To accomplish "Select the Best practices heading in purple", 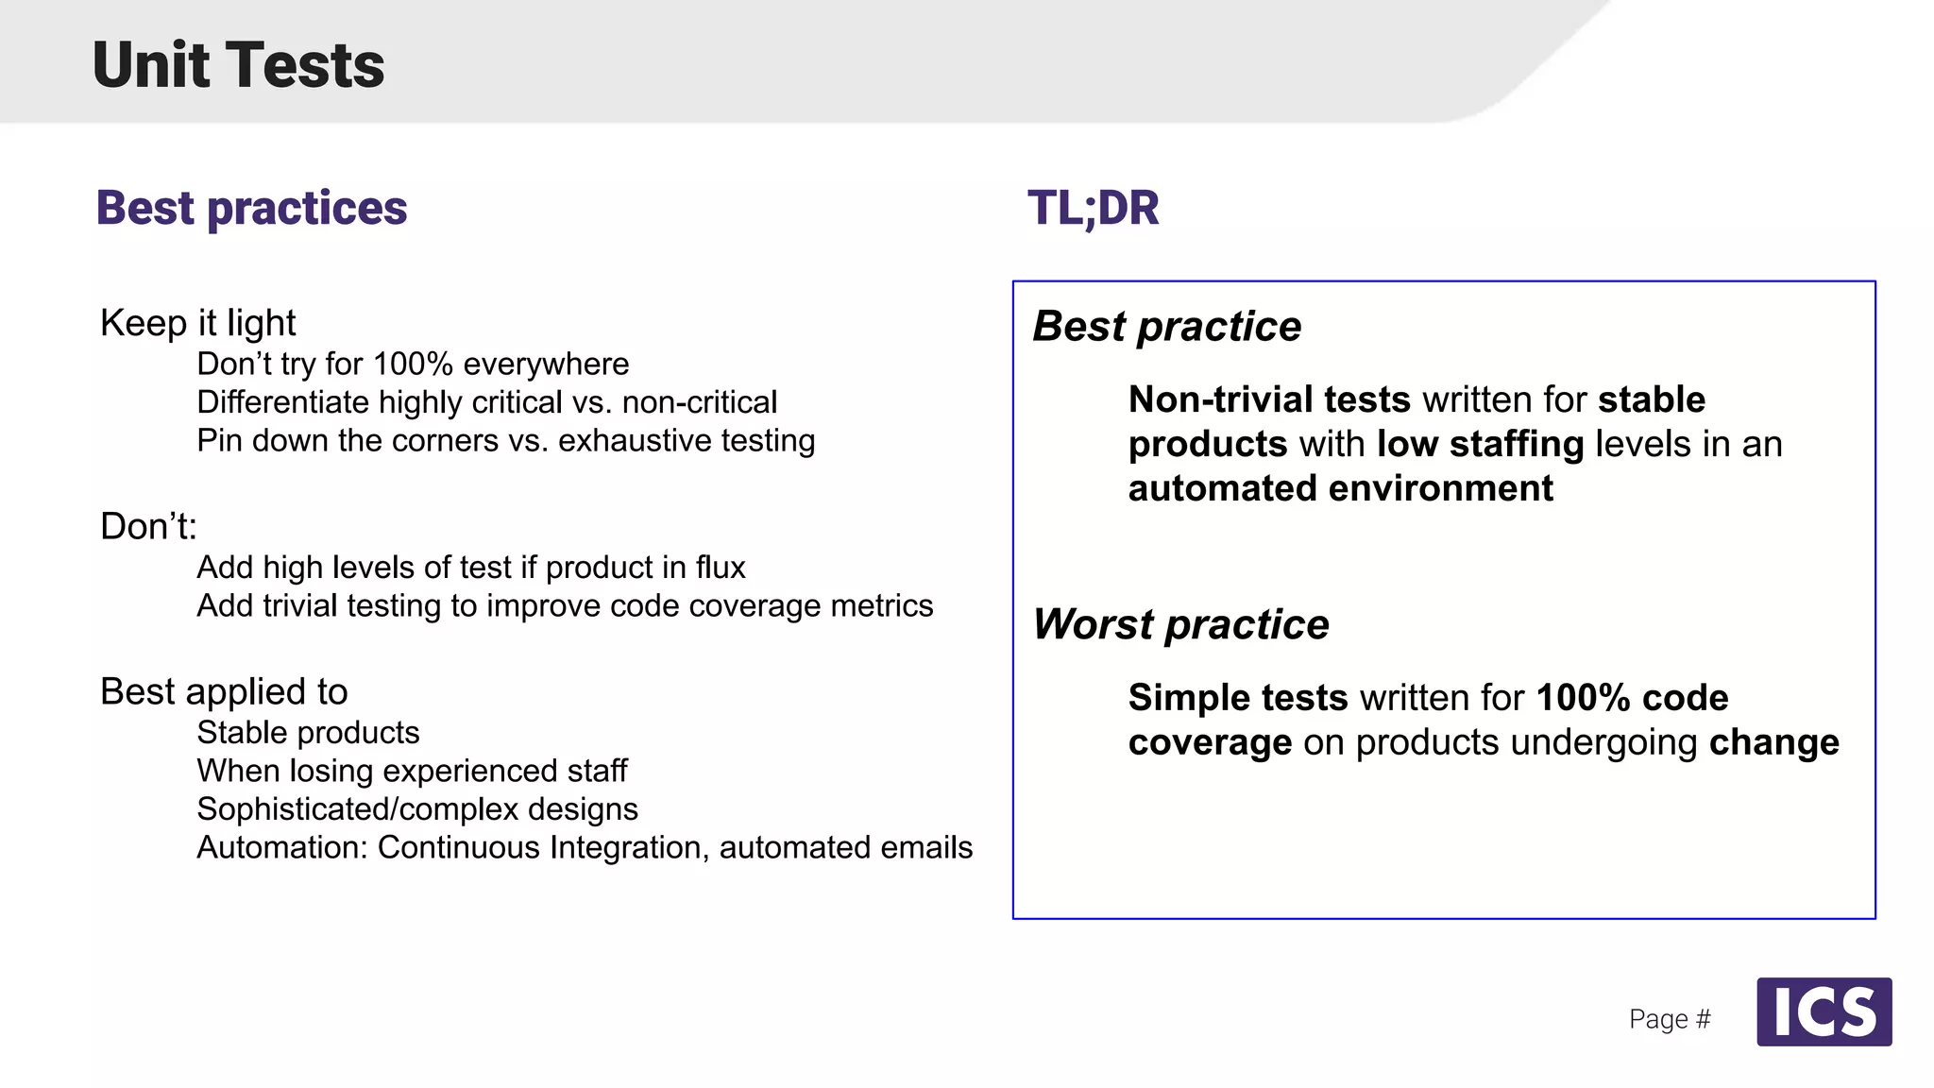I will pyautogui.click(x=251, y=208).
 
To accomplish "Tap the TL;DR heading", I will pyautogui.click(x=1093, y=208).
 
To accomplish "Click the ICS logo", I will pyautogui.click(x=1824, y=1011).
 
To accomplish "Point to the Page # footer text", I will pyautogui.click(x=1669, y=1019).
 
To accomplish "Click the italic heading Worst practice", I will pyautogui.click(x=1180, y=624).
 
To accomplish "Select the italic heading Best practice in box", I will pyautogui.click(x=1166, y=327).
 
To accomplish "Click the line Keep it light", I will pyautogui.click(x=197, y=323).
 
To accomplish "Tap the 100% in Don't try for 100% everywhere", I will pyautogui.click(x=413, y=364).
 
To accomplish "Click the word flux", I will pyautogui.click(x=720, y=567).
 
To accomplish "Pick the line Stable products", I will pyautogui.click(x=308, y=732).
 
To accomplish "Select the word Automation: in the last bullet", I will pyautogui.click(x=281, y=847).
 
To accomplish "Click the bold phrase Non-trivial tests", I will pyautogui.click(x=1268, y=399).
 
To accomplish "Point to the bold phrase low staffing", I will pyautogui.click(x=1480, y=444).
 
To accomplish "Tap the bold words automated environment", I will pyautogui.click(x=1340, y=488).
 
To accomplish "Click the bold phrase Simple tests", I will pyautogui.click(x=1237, y=698).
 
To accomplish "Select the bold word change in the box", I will pyautogui.click(x=1773, y=742).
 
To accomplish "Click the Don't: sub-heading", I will pyautogui.click(x=148, y=526).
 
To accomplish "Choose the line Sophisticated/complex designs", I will pyautogui.click(x=416, y=809).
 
